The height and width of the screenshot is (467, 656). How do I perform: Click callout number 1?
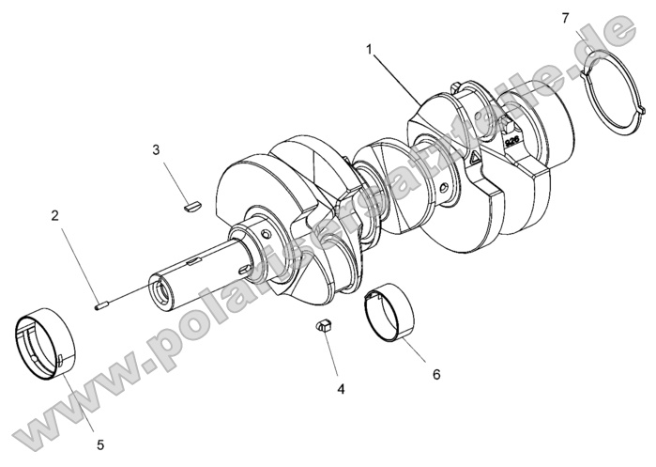pos(371,47)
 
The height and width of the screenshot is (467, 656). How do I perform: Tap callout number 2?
pos(55,215)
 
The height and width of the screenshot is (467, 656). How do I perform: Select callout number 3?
pos(157,149)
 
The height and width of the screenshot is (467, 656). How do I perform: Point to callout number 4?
pos(341,388)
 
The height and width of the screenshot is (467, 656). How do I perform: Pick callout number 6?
pos(436,373)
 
